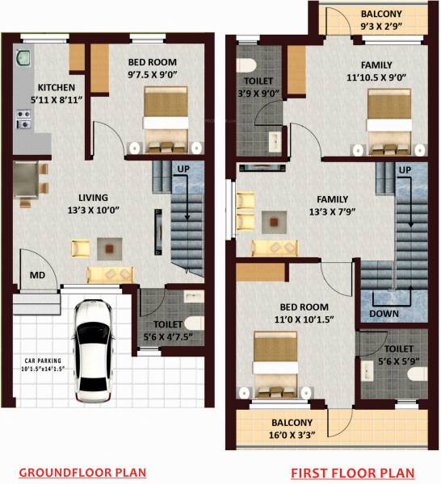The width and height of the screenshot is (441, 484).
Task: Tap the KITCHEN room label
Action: tap(56, 87)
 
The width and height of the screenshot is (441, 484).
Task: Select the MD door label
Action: tap(37, 276)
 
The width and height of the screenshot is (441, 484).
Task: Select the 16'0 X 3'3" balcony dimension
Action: tap(292, 434)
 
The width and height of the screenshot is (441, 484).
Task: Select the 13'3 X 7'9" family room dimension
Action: tap(332, 212)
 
